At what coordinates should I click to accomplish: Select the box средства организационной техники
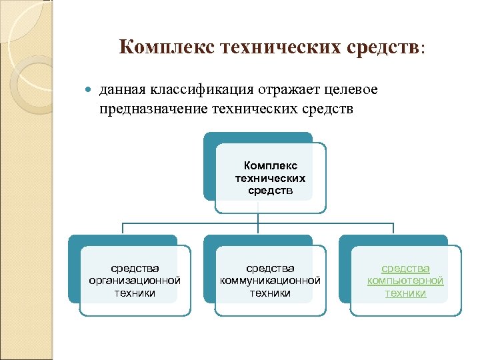tap(135, 280)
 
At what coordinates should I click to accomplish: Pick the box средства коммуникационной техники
tap(270, 280)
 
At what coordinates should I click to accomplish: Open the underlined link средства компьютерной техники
tap(405, 280)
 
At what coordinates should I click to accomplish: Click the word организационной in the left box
tap(135, 280)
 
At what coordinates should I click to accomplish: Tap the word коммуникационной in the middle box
tap(270, 280)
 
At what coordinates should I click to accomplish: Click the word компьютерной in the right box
tap(405, 280)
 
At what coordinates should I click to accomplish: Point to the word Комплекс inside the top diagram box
tap(271, 165)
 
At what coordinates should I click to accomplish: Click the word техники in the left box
tap(135, 292)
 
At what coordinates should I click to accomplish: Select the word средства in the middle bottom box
tap(270, 268)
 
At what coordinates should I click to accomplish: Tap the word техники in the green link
tap(405, 292)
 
